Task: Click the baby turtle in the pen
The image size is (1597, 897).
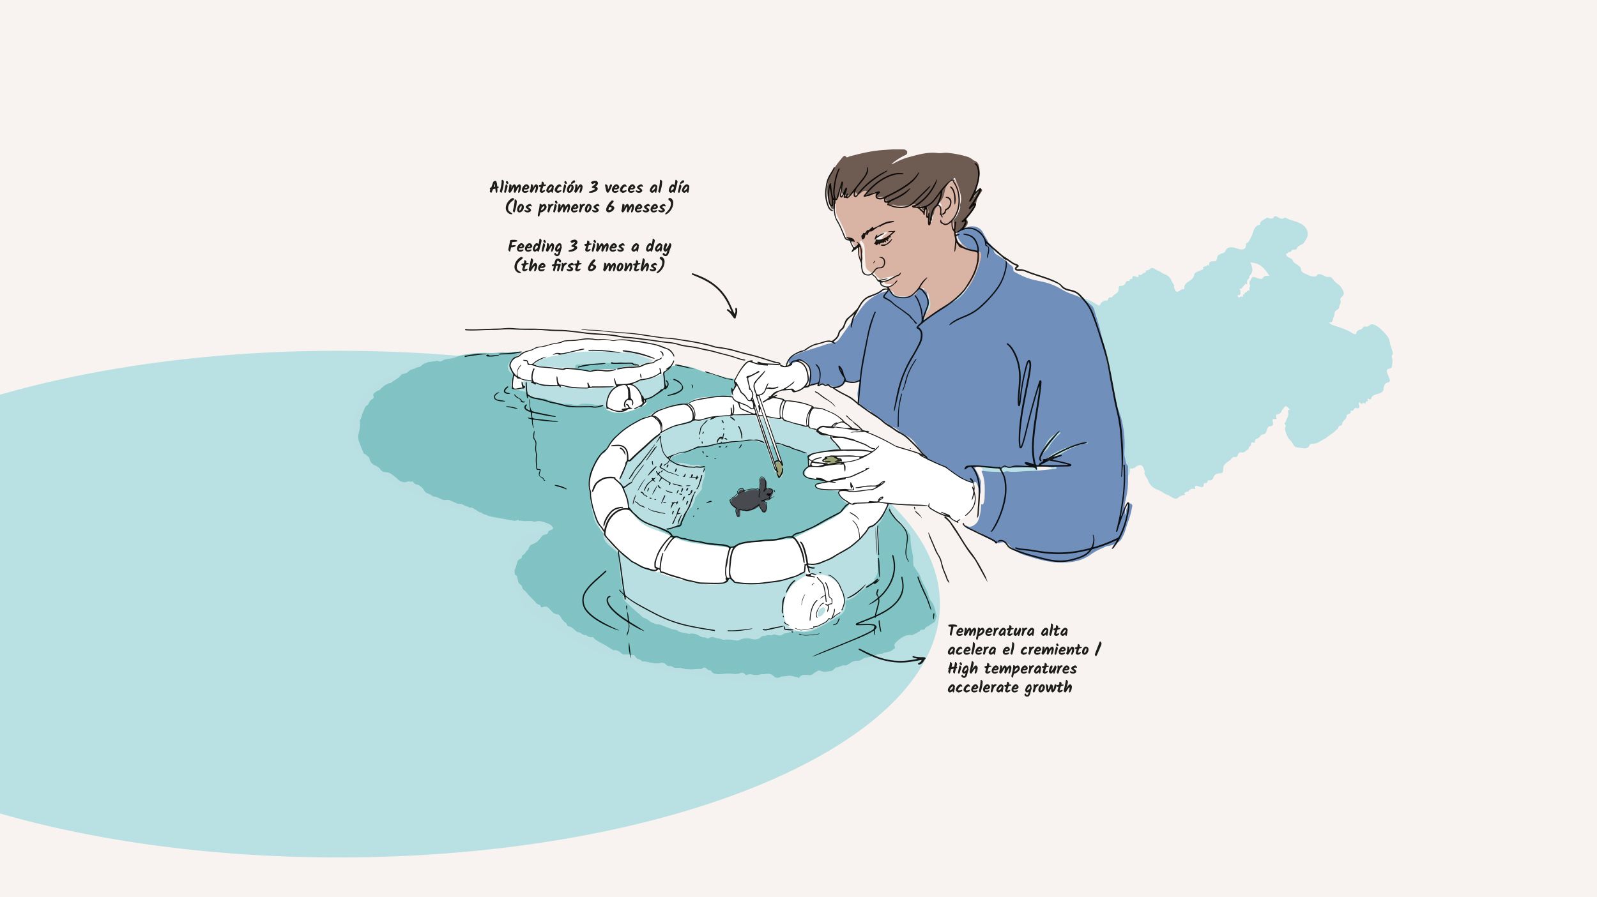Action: click(751, 497)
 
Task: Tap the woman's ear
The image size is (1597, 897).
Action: click(949, 201)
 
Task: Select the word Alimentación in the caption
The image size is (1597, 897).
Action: click(536, 188)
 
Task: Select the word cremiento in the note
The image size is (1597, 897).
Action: click(1054, 650)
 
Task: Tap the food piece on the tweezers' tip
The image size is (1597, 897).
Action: click(779, 470)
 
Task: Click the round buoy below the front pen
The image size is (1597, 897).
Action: click(813, 601)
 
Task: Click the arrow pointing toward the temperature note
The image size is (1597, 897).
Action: click(891, 658)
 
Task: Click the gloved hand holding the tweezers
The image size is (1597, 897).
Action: click(770, 382)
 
